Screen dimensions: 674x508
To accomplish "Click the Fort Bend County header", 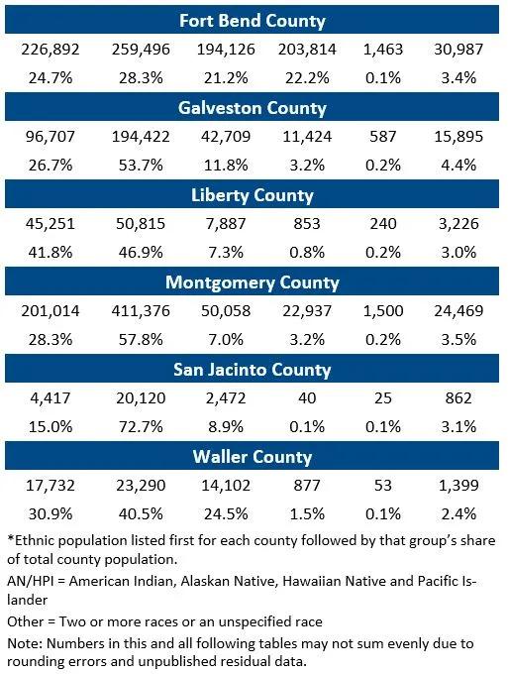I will (253, 20).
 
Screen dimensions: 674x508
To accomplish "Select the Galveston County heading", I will (253, 108).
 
